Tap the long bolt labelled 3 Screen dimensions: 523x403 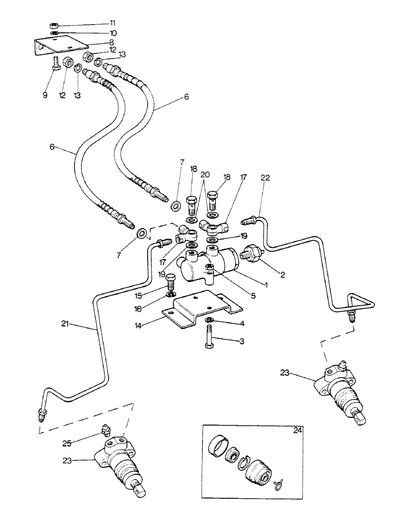[x=209, y=342]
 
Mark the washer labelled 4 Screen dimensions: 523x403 [x=209, y=320]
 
